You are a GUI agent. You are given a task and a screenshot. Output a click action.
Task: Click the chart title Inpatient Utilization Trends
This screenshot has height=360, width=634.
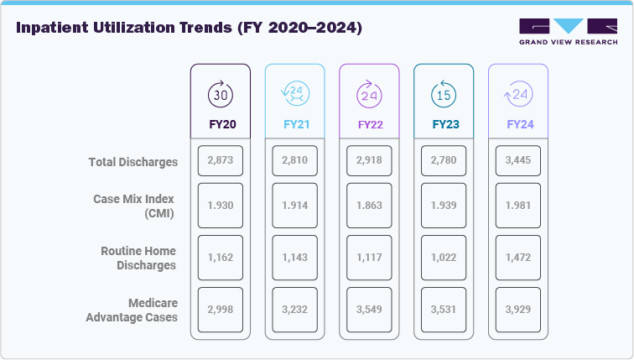(x=189, y=29)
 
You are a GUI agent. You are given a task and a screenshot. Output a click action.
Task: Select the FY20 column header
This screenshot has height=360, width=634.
(x=221, y=124)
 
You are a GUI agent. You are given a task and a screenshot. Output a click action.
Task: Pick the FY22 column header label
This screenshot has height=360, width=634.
(x=369, y=124)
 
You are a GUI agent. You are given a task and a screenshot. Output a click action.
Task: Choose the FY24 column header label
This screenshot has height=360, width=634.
(x=518, y=124)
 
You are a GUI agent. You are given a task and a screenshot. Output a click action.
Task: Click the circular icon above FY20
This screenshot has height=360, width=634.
(x=221, y=95)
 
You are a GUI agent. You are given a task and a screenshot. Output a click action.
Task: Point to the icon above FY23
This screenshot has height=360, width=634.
(x=444, y=95)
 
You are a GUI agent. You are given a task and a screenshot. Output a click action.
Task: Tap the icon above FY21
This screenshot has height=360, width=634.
(x=294, y=95)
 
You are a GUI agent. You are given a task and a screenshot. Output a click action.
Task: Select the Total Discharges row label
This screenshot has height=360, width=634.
(x=133, y=162)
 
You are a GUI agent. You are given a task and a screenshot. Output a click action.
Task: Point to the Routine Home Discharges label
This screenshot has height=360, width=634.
(x=138, y=258)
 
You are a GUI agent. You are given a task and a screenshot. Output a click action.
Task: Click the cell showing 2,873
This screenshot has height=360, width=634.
(x=221, y=160)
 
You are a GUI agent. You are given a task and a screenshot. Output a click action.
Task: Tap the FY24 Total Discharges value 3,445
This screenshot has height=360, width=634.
(x=518, y=160)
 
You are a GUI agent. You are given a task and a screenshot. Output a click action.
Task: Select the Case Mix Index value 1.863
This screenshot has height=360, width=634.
(x=369, y=206)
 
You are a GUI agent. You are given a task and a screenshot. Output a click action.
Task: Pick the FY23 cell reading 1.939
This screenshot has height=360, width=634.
(x=444, y=206)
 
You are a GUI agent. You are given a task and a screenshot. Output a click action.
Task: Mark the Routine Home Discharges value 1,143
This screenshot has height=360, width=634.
(x=294, y=258)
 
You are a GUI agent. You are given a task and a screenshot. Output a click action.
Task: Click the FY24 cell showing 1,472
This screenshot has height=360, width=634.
(x=518, y=258)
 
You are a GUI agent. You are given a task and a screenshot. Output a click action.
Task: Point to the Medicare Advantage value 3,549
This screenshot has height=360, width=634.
(x=369, y=309)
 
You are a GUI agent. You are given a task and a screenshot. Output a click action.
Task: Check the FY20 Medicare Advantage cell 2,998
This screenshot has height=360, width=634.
(x=221, y=309)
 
